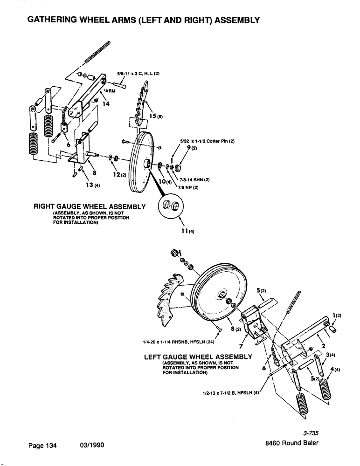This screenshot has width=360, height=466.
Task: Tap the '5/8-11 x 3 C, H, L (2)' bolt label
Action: (138, 74)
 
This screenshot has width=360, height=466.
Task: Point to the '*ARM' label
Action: (109, 91)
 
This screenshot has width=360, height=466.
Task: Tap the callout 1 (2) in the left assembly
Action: (337, 315)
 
